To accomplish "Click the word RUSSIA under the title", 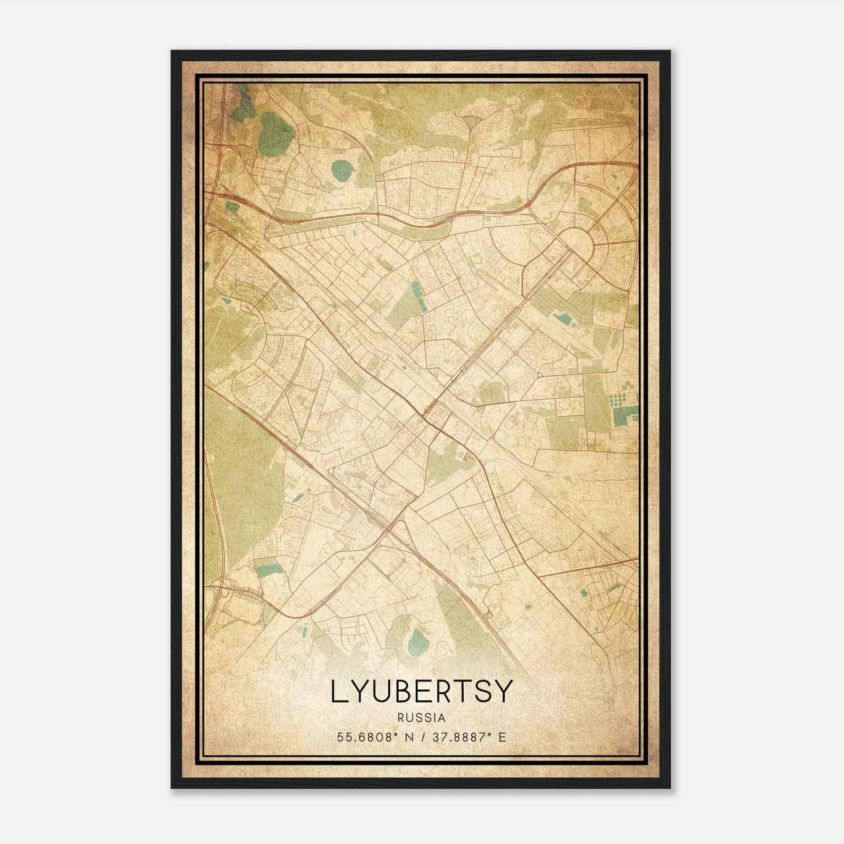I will [421, 717].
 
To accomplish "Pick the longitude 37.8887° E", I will [469, 737].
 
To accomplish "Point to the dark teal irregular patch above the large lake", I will [243, 107].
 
